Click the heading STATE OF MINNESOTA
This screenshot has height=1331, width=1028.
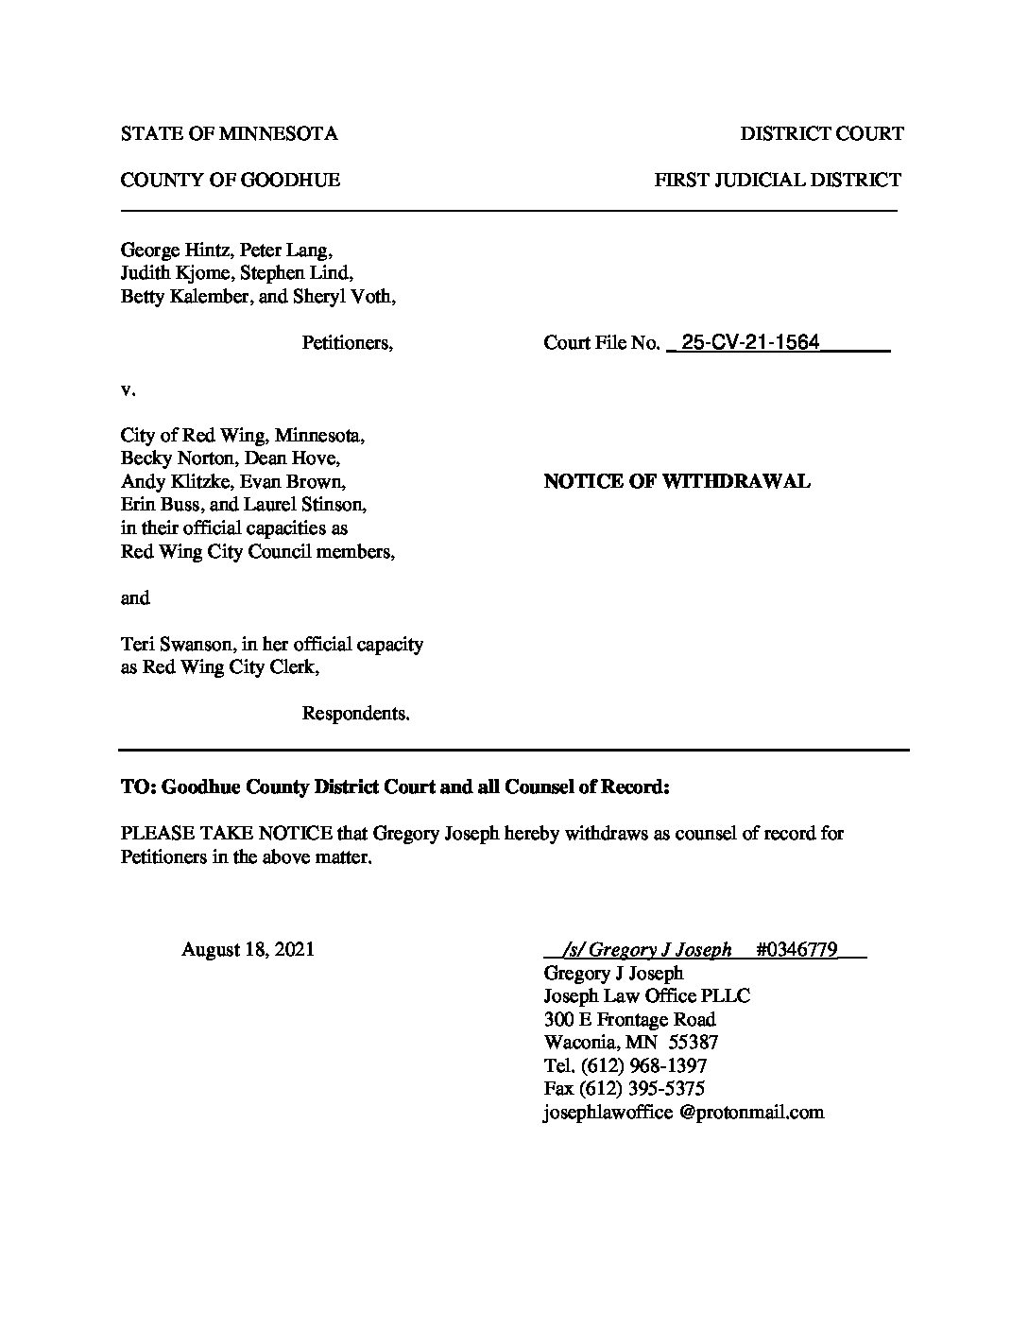click(229, 134)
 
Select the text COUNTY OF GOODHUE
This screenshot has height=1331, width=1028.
click(230, 180)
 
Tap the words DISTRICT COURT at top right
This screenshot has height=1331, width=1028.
click(821, 134)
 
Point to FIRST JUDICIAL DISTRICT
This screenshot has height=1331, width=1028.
click(778, 180)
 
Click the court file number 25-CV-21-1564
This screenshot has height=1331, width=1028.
click(750, 342)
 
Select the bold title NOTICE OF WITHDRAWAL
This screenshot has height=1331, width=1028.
click(677, 481)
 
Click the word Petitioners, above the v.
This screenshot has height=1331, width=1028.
click(347, 342)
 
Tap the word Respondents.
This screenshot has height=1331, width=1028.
click(355, 714)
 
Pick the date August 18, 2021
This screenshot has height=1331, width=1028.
click(248, 949)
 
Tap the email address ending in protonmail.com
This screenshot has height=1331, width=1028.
click(683, 1112)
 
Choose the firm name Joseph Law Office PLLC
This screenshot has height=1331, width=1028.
click(647, 995)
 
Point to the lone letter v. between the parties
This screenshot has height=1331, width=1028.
click(128, 389)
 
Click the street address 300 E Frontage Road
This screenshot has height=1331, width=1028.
click(629, 1019)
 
